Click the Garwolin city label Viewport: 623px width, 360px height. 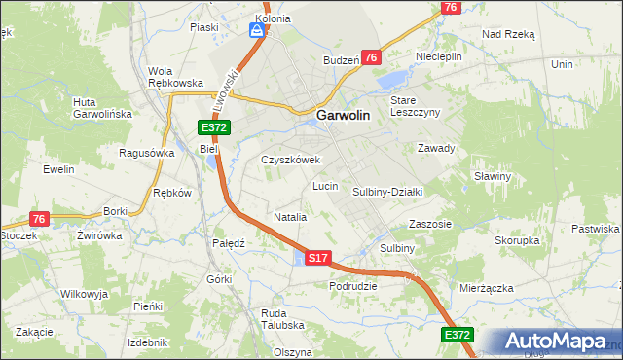click(342, 115)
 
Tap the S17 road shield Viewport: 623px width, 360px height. click(318, 258)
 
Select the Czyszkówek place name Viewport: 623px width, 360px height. click(290, 160)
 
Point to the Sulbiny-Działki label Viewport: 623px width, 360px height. click(385, 193)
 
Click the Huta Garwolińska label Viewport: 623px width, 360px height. click(102, 108)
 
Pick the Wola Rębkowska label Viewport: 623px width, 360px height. click(174, 77)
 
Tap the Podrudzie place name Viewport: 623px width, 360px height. click(353, 286)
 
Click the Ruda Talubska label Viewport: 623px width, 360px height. click(283, 320)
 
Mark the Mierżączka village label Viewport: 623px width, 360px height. click(487, 288)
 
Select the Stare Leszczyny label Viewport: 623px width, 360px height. click(416, 106)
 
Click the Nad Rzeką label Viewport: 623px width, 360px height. click(509, 33)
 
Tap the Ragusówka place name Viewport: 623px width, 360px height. click(146, 153)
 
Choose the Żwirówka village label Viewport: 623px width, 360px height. click(99, 235)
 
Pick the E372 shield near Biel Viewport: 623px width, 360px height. click(214, 128)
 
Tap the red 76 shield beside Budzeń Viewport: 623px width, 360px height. click(371, 58)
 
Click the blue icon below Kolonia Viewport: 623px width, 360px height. click(256, 31)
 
